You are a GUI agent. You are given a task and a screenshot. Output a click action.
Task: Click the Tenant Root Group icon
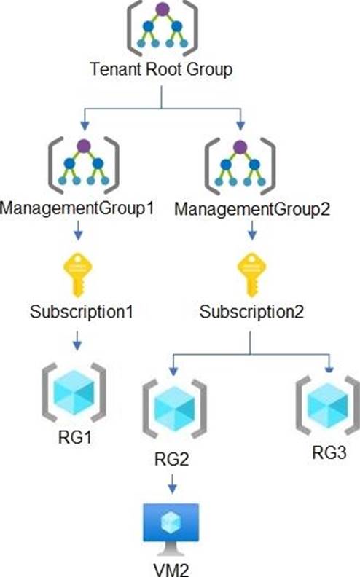tap(163, 28)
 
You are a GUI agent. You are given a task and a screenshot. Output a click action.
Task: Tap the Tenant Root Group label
tap(161, 69)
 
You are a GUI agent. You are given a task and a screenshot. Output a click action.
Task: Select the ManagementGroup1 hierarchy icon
tap(84, 165)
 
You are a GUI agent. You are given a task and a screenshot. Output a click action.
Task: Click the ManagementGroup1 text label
tap(77, 208)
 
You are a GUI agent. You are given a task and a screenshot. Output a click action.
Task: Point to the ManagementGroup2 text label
tap(252, 210)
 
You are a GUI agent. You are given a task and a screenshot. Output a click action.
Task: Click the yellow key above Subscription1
tap(78, 275)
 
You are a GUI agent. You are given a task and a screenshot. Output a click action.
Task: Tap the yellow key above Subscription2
tap(251, 275)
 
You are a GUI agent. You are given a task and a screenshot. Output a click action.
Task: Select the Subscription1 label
tap(82, 313)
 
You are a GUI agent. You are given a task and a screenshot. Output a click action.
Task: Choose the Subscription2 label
tap(251, 313)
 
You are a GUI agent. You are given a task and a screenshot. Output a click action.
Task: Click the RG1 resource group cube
tap(74, 392)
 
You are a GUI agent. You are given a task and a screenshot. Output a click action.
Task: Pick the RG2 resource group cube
tap(174, 409)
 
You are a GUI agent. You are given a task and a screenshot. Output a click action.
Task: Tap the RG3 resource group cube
tap(328, 405)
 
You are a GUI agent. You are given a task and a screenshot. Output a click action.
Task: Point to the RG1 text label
tap(75, 438)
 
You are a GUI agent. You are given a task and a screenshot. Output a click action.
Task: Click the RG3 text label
tap(329, 452)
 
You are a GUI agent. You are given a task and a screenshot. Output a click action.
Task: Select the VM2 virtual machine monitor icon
tap(171, 529)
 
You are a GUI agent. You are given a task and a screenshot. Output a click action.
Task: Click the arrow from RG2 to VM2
tap(172, 484)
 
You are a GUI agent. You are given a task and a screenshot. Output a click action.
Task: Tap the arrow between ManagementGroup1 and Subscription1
tap(78, 230)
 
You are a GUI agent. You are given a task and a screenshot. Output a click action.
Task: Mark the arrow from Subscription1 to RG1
tap(77, 340)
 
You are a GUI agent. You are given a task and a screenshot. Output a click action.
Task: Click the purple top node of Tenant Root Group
tap(163, 9)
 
